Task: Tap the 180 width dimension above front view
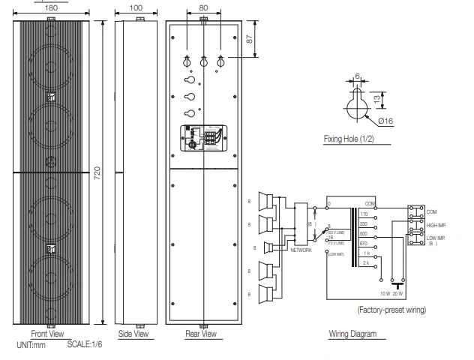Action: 52,7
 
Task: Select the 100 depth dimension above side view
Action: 135,7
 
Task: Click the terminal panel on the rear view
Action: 203,139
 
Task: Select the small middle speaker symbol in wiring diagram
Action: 265,247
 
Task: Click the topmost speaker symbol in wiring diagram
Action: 265,202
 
